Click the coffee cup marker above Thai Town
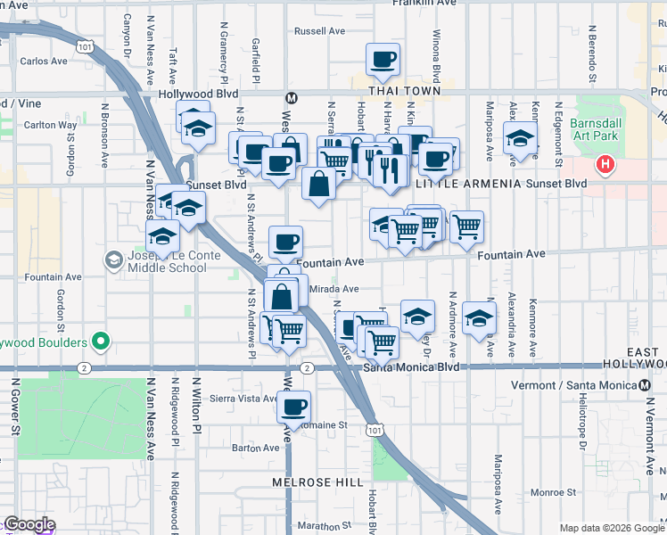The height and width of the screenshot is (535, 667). [384, 60]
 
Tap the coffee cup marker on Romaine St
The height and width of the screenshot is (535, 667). [293, 407]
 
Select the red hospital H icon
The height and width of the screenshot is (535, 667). [605, 164]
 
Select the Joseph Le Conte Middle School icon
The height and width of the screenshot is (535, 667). [114, 259]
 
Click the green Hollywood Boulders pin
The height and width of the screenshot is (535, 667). [101, 342]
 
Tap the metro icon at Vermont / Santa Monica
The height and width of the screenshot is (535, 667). [644, 384]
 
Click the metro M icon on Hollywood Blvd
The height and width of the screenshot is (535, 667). [290, 97]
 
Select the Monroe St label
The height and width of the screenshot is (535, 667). [553, 491]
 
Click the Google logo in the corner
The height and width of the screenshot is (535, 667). [29, 524]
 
